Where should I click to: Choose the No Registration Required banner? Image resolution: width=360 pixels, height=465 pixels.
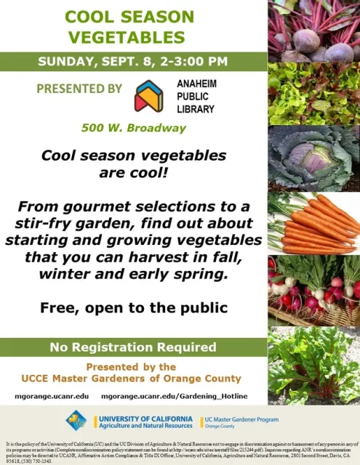tap(133, 347)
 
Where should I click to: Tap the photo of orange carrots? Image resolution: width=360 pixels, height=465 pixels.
tap(314, 222)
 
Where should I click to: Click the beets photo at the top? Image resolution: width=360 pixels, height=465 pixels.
tap(314, 32)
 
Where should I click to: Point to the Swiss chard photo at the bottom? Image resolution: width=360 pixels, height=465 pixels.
tap(314, 363)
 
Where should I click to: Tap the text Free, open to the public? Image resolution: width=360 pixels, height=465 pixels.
tap(133, 307)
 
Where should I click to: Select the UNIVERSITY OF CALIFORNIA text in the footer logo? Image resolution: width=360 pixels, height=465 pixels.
tap(145, 419)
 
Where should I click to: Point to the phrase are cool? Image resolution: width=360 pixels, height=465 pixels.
tap(133, 172)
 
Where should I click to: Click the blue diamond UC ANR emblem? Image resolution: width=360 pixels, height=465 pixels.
tap(76, 420)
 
